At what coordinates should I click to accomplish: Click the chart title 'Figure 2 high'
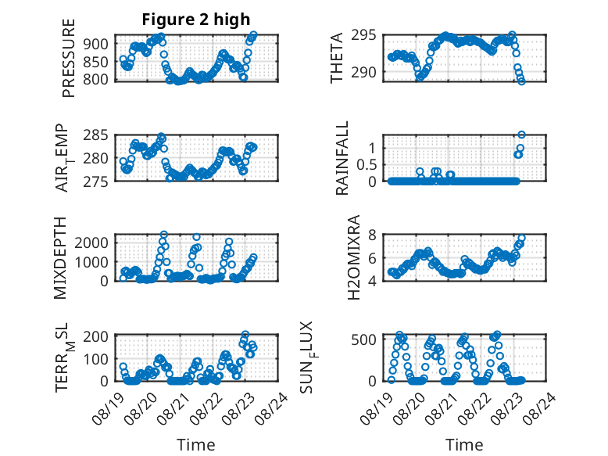196,20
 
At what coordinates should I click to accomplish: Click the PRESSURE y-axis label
68,58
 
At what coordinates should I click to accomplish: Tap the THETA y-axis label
337,58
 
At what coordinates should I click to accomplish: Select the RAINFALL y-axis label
342,158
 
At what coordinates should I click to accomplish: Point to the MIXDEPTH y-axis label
60,258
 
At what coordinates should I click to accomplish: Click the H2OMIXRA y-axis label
354,257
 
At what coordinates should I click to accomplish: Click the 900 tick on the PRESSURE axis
96,44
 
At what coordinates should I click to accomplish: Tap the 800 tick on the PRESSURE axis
96,79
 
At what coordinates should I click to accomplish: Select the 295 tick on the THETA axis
363,35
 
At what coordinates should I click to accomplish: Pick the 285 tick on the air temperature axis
96,135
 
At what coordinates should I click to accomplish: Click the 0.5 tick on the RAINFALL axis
367,164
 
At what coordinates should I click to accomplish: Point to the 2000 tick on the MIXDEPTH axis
91,243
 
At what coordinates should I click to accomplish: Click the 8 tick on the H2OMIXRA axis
372,235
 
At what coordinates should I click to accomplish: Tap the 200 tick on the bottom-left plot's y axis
96,336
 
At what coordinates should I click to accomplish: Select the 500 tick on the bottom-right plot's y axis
363,339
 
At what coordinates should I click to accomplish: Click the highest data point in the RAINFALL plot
521,135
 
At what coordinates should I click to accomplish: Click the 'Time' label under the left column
196,445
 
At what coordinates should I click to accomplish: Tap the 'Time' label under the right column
464,445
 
